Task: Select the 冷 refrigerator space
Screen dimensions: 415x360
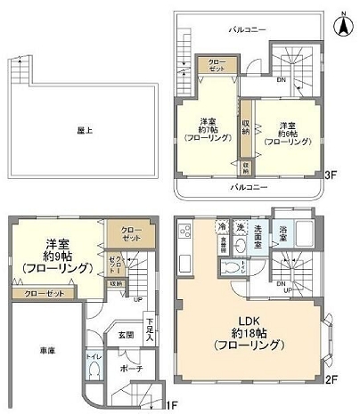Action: (x=220, y=227)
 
